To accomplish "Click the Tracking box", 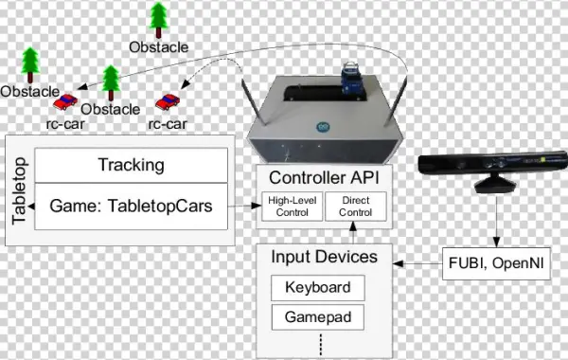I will [131, 166].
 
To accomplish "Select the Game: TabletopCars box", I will [131, 205].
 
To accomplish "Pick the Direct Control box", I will [355, 205].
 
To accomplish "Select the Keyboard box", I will [318, 287].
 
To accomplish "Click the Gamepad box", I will [318, 316].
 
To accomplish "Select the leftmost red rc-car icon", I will [67, 101].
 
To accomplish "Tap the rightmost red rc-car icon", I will [169, 100].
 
